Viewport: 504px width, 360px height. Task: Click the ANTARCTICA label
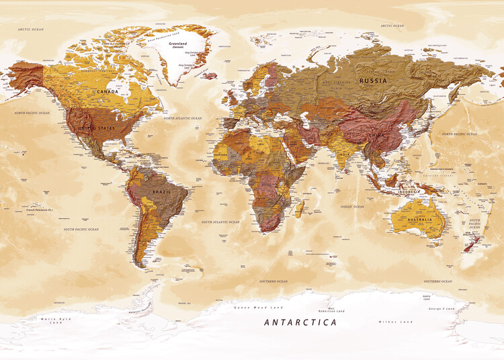[300, 322]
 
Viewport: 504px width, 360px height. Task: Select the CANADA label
[108, 91]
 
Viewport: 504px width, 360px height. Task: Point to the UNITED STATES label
[97, 128]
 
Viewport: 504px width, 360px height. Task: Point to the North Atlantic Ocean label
[183, 118]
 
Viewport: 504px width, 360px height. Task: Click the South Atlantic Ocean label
[221, 222]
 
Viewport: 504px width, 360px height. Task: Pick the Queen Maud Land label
[249, 307]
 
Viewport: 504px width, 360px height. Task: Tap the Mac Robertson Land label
[332, 311]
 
